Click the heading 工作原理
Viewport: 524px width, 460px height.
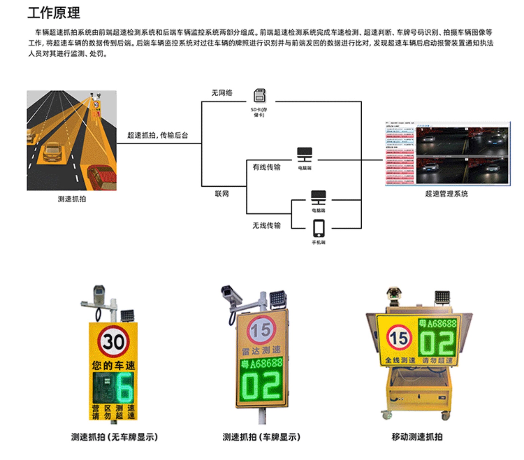54,13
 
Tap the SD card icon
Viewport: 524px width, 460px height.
260,96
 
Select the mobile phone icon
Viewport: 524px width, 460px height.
318,228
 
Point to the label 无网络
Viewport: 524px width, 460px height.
222,93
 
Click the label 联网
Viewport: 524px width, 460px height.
222,194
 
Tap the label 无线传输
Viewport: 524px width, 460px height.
266,225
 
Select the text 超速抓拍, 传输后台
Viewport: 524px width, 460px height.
157,135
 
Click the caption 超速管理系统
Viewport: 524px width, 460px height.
446,194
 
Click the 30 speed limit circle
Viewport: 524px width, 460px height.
113,341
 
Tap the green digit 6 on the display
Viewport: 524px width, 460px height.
124,387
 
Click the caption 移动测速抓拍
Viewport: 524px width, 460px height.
417,437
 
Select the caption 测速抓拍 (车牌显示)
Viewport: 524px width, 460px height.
261,437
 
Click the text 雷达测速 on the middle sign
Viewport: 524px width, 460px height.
261,350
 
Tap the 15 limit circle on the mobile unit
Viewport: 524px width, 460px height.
399,338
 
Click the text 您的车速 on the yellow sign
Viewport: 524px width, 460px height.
113,365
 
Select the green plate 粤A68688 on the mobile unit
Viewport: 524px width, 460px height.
437,324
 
